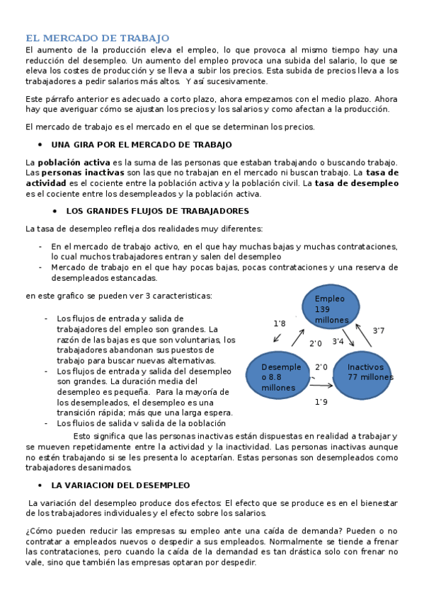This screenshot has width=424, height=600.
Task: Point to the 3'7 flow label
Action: point(379,330)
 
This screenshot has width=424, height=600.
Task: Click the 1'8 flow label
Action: point(280,323)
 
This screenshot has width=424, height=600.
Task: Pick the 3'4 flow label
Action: point(338,342)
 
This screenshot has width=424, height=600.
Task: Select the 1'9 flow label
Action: point(321,402)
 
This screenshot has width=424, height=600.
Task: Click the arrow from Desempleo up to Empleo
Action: point(298,338)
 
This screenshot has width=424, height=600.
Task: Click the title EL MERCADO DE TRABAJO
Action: point(98,37)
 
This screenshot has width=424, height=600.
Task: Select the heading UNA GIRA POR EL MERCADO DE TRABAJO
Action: point(142,144)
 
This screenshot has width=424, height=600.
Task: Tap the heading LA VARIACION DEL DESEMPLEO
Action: point(120,485)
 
